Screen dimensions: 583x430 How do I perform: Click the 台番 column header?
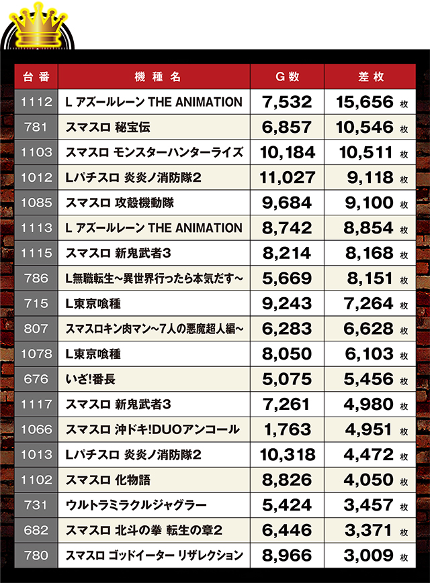pyautogui.click(x=36, y=76)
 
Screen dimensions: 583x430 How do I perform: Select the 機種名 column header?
pyautogui.click(x=153, y=76)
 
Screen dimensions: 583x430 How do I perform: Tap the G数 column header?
pyautogui.click(x=288, y=76)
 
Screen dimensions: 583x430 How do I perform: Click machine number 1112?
pyautogui.click(x=36, y=102)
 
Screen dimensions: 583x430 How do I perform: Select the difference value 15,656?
pyautogui.click(x=366, y=102)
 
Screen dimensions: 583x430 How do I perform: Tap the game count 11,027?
pyautogui.click(x=288, y=177)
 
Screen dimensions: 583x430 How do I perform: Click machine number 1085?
pyautogui.click(x=36, y=203)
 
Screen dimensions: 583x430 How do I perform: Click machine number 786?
pyautogui.click(x=36, y=278)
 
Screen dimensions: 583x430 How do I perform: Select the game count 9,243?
pyautogui.click(x=288, y=304)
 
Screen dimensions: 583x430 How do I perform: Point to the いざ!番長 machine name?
pyautogui.click(x=91, y=380)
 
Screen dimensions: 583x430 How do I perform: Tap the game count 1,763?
pyautogui.click(x=288, y=430)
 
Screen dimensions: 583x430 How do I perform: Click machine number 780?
pyautogui.click(x=36, y=556)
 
